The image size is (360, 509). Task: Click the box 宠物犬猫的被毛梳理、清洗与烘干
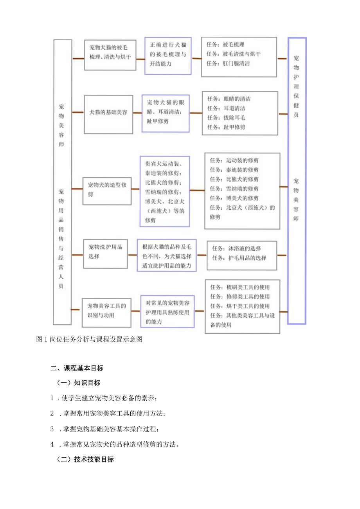[x=110, y=55]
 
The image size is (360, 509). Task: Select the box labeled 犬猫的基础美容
[x=108, y=112]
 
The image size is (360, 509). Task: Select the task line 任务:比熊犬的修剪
[x=234, y=179]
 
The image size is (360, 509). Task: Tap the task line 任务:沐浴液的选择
[x=236, y=248]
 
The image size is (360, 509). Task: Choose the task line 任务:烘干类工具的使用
[x=239, y=306]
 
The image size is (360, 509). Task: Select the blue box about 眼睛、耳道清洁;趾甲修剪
[x=166, y=112]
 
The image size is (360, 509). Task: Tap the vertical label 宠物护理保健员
[x=296, y=86]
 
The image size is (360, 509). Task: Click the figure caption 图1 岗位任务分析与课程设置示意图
[x=89, y=339]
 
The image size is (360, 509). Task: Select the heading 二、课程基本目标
[x=77, y=368]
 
